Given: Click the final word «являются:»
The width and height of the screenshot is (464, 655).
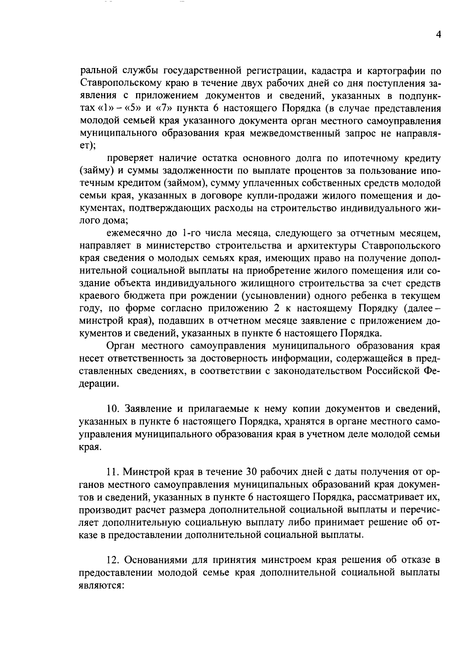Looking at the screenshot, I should (x=101, y=585).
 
